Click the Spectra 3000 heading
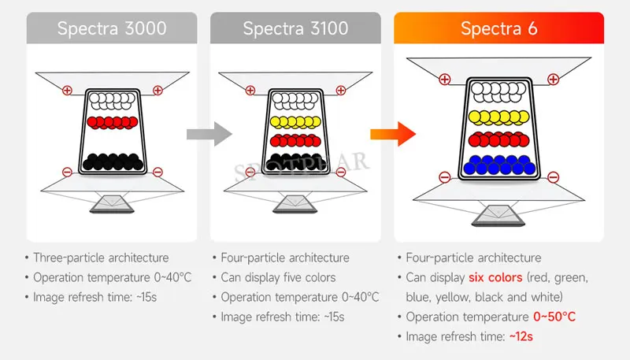point(112,28)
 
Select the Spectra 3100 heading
point(295,28)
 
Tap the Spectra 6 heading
point(498,29)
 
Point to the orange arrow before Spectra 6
point(391,135)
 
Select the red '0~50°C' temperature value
point(554,317)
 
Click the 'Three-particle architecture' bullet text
point(101,258)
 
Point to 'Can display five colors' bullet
point(279,277)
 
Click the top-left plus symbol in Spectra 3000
point(66,91)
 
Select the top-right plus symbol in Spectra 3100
point(339,91)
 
